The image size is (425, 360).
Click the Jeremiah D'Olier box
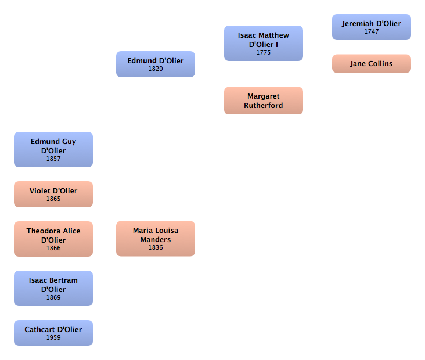[371, 27]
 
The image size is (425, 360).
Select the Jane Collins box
[371, 64]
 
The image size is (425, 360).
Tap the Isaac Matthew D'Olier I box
[263, 43]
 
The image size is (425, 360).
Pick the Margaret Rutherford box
[263, 100]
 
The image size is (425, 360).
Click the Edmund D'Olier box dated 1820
[155, 64]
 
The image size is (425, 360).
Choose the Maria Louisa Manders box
[155, 238]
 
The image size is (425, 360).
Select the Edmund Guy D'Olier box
[53, 149]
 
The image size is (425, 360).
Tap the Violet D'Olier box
[53, 194]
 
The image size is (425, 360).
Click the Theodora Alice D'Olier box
[53, 238]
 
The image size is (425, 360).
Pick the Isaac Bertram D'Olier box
[53, 288]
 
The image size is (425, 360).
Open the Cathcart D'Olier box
[53, 333]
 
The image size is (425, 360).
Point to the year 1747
[372, 32]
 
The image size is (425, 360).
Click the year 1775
[264, 53]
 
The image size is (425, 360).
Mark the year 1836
[156, 248]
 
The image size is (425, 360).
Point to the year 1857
[53, 159]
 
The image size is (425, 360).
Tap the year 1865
[53, 199]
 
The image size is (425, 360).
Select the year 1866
[53, 249]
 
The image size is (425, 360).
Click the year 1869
[53, 298]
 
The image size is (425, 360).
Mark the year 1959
[53, 338]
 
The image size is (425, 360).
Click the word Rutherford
[264, 106]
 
